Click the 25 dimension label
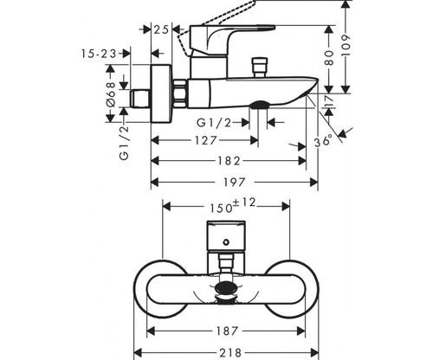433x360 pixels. coord(161,29)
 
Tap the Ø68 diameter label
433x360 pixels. coord(112,94)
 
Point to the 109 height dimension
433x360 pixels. coord(346,46)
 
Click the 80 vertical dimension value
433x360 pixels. coord(329,58)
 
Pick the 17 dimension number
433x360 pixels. coord(329,100)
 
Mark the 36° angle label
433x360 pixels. coord(323,141)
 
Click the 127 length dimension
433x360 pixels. coord(205,140)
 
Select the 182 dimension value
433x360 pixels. coord(229,161)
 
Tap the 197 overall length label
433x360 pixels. coord(235,183)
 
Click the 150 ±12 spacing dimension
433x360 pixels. coord(233,205)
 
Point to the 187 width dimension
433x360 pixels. coord(227,331)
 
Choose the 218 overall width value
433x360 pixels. coord(230,352)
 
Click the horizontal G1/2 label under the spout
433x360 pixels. coord(214,123)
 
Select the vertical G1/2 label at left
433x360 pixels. coord(124,143)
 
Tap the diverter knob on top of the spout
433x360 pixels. coord(260,67)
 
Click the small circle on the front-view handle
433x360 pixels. coord(226,242)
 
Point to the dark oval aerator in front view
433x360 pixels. coord(226,288)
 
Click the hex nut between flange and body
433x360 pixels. coord(180,94)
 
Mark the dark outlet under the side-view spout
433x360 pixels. coord(259,105)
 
